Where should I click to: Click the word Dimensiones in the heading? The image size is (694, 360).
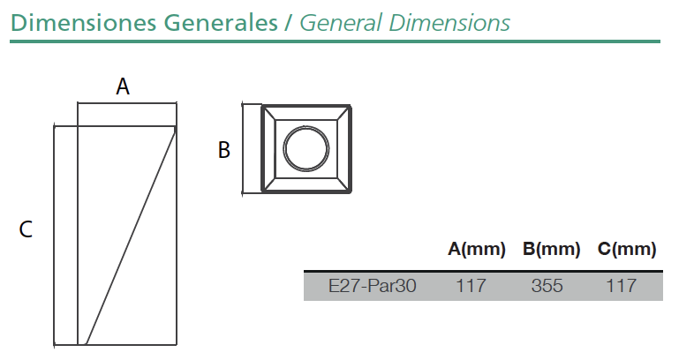pyautogui.click(x=83, y=23)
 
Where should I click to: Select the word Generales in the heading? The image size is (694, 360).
pyautogui.click(x=221, y=23)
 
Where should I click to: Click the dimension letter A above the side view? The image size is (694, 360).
pyautogui.click(x=123, y=86)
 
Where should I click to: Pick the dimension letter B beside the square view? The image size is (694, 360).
pyautogui.click(x=224, y=150)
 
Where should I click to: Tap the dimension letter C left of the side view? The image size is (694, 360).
pyautogui.click(x=26, y=229)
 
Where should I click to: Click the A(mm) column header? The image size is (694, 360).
pyautogui.click(x=476, y=249)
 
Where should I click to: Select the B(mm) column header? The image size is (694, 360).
pyautogui.click(x=551, y=249)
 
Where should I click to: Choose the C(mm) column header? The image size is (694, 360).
pyautogui.click(x=626, y=249)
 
